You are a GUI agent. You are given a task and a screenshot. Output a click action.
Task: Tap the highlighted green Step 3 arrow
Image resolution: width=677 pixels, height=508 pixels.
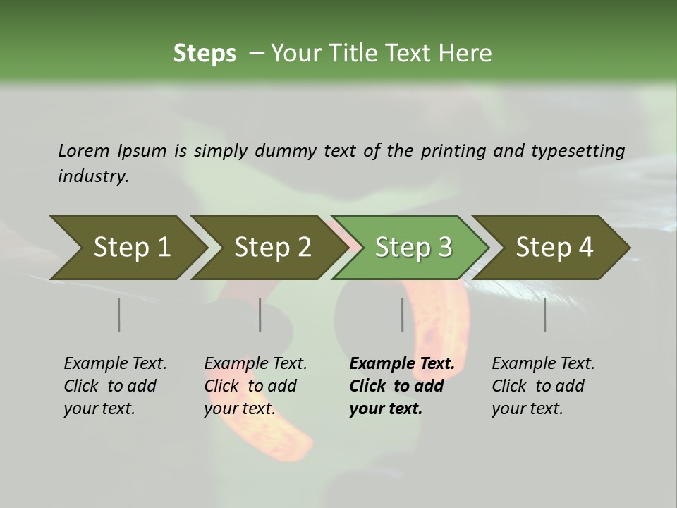(x=413, y=248)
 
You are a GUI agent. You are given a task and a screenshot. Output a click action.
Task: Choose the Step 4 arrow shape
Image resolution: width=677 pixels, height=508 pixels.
(x=554, y=248)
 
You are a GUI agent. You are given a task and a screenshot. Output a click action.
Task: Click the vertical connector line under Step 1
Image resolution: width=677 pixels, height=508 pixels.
(x=118, y=315)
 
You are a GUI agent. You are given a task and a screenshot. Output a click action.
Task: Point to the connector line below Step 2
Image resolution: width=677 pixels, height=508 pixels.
(x=260, y=315)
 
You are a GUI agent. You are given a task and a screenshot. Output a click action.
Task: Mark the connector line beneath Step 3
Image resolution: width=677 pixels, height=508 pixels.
(x=402, y=315)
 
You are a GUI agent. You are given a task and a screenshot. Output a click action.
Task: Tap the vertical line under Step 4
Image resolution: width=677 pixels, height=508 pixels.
(x=544, y=315)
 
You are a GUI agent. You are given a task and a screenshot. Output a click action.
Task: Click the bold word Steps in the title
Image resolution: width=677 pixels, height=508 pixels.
(x=205, y=54)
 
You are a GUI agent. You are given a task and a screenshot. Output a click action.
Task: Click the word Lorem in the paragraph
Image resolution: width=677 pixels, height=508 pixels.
(x=84, y=150)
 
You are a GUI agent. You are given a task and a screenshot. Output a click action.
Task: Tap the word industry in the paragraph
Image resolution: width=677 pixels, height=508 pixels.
(x=93, y=176)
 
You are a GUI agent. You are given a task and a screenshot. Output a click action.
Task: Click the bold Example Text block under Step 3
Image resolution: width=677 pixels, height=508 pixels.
(x=402, y=386)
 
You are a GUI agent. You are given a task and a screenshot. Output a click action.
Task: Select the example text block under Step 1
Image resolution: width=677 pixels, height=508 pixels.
(x=116, y=386)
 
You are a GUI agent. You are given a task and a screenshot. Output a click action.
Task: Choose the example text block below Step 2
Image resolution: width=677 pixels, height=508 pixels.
(x=256, y=386)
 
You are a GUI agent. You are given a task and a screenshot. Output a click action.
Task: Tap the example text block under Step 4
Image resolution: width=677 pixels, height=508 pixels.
(x=543, y=386)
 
